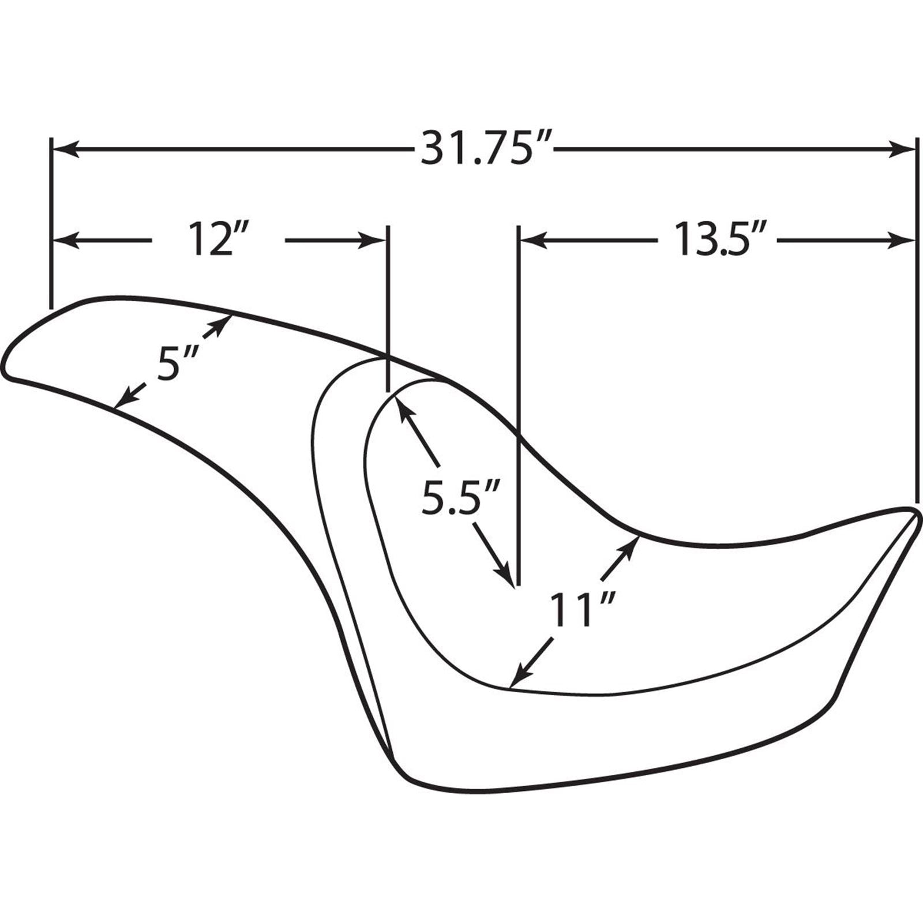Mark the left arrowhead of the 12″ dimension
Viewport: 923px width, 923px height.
click(x=65, y=241)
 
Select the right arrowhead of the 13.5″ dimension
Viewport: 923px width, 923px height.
click(x=902, y=241)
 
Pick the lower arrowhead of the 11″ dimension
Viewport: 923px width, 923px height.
click(x=519, y=677)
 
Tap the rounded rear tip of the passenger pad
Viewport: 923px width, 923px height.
click(x=6, y=369)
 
